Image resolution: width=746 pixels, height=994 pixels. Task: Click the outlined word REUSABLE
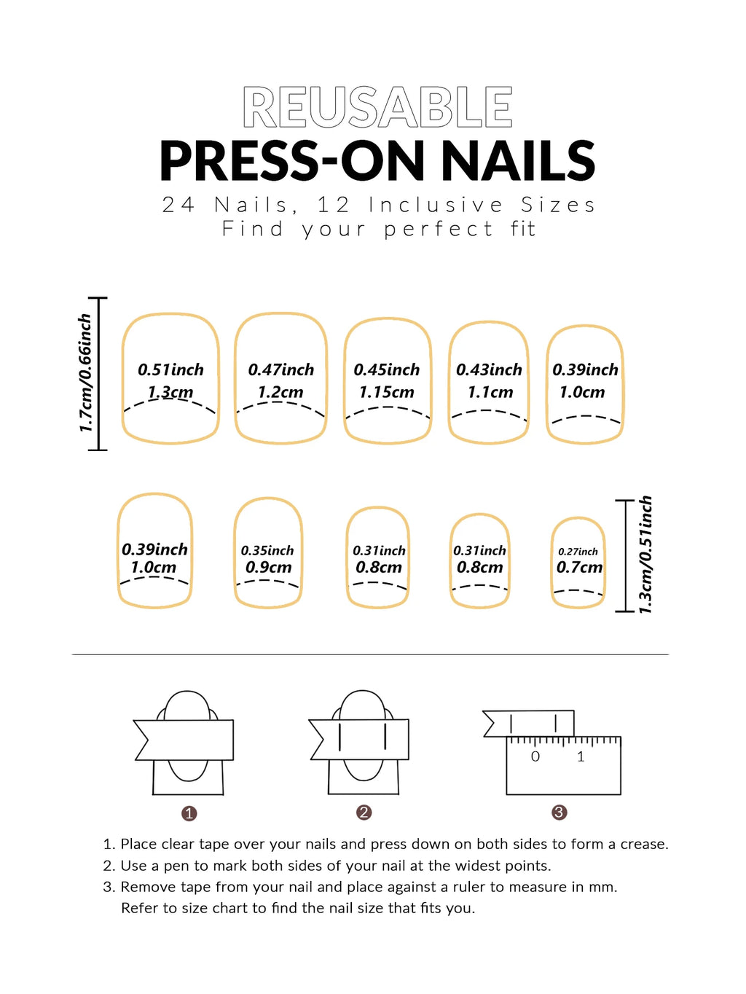377,108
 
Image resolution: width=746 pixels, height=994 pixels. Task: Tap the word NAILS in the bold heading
518,161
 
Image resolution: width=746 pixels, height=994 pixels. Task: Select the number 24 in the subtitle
178,205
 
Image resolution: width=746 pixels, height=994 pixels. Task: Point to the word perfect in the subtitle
439,229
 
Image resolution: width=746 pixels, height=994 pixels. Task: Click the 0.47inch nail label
280,370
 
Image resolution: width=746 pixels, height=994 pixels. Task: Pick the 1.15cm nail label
386,393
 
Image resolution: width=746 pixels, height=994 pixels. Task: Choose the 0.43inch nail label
489,370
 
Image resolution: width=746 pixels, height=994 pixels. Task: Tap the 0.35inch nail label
267,551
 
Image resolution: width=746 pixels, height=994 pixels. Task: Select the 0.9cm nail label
268,568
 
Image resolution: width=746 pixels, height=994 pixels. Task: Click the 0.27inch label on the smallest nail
578,552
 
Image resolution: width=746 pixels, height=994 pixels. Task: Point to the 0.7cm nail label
579,568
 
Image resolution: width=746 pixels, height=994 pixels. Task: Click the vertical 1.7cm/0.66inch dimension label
85,373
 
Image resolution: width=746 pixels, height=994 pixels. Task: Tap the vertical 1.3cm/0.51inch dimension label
645,555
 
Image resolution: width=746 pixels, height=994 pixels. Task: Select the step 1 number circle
189,813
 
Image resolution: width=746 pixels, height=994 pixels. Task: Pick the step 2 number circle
364,813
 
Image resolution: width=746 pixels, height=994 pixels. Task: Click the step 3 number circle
559,813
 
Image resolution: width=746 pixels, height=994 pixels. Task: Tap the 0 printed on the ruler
535,757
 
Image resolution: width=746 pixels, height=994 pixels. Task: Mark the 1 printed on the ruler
581,757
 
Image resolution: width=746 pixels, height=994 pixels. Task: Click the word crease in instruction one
643,845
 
